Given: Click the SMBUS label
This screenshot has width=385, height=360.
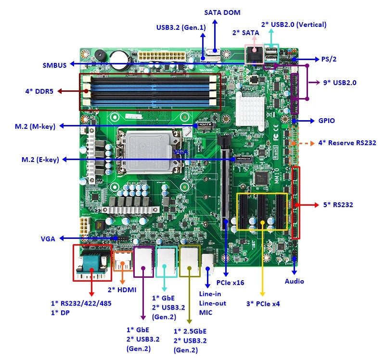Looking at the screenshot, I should [54, 65].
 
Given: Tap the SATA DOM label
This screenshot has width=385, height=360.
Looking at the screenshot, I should [222, 12].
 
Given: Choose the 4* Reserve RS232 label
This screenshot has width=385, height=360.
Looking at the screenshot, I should [347, 143].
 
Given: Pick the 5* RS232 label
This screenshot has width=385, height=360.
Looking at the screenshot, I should [338, 205].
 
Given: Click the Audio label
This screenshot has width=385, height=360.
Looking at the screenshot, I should [295, 281].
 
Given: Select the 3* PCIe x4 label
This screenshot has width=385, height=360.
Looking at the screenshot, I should [263, 303].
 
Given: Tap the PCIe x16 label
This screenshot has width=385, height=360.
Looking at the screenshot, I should [230, 283].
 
